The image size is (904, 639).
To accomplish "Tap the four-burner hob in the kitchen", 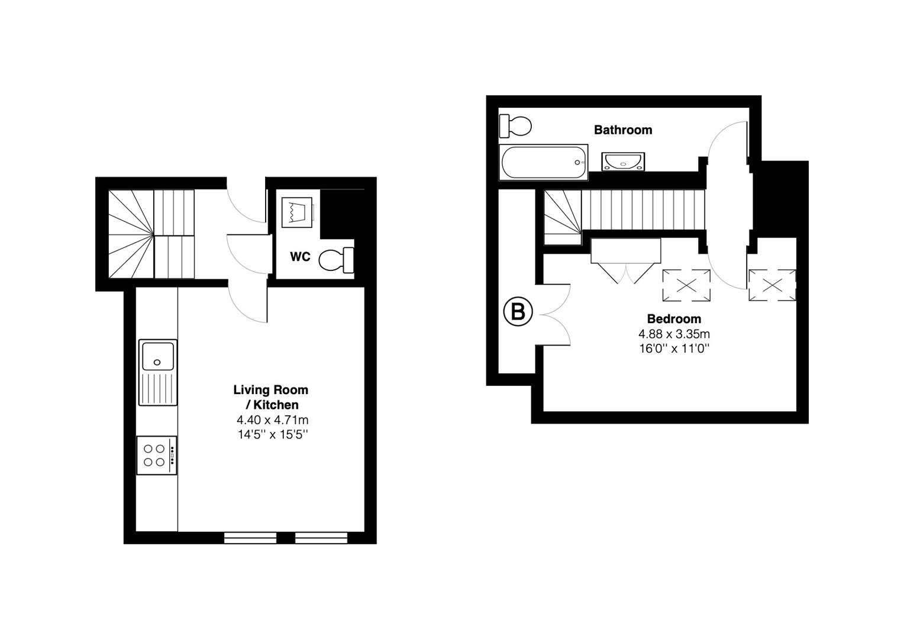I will point(156,455).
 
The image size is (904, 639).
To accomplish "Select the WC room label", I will point(300,257).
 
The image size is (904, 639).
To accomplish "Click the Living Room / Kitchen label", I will point(271,397).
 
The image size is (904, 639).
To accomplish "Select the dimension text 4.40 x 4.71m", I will point(272,420).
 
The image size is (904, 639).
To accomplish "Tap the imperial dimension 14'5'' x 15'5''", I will point(272,435).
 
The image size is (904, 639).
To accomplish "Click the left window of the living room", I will point(250,537).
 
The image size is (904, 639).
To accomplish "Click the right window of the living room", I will point(321,537).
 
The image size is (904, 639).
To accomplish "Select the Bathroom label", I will point(622,130).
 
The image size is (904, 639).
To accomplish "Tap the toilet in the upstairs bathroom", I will point(515,125).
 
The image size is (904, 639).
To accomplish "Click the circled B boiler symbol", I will point(518,312).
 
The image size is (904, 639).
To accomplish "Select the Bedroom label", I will point(674,319).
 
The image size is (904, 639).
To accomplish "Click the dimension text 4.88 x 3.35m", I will point(674,334).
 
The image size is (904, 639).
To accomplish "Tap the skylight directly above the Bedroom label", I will point(686,285).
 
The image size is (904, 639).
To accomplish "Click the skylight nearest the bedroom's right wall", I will point(772,285).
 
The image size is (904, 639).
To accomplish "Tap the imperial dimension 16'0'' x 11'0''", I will point(674,348).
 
